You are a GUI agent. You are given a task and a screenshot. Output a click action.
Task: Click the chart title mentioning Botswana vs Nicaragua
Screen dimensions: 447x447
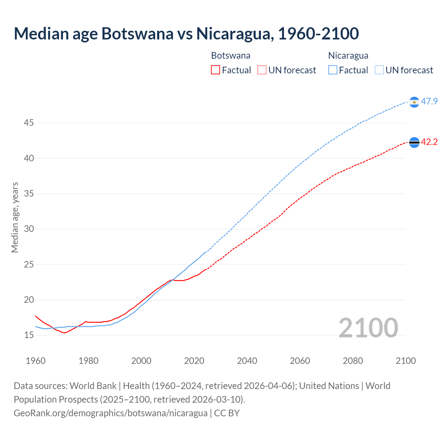tap(186, 34)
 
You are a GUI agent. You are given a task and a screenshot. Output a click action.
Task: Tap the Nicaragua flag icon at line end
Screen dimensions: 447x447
tap(414, 102)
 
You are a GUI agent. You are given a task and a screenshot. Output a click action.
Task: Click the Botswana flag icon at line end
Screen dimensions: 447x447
tap(414, 142)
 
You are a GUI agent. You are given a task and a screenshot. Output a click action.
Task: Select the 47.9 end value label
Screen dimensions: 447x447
tap(429, 102)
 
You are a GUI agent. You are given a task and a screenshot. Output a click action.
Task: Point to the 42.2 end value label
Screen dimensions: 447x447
tap(429, 142)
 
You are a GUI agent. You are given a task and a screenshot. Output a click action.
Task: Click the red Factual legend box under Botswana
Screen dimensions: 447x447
tap(215, 70)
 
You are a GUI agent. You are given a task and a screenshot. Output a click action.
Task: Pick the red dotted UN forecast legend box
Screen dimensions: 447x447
tap(262, 70)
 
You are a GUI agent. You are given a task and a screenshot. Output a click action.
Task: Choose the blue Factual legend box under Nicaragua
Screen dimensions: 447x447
tap(333, 70)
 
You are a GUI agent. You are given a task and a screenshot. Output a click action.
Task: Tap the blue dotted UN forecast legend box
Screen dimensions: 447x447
tap(379, 70)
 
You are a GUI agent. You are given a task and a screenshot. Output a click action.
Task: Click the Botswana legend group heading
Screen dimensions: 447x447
tap(230, 56)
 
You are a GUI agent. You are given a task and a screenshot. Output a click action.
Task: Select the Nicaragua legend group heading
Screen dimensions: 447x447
tap(348, 56)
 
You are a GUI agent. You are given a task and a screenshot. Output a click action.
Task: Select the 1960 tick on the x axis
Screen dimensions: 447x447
tap(36, 361)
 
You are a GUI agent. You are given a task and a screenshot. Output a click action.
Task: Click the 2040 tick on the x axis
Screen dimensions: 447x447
tap(247, 361)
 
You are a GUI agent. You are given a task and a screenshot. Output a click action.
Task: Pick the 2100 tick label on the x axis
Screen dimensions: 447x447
tap(405, 361)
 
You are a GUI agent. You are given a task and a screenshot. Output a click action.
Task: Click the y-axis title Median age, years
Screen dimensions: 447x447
tap(15, 217)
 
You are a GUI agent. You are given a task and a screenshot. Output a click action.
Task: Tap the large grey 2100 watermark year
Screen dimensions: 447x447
tap(368, 328)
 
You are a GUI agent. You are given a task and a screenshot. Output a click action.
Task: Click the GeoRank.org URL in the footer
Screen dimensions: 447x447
tap(110, 413)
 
